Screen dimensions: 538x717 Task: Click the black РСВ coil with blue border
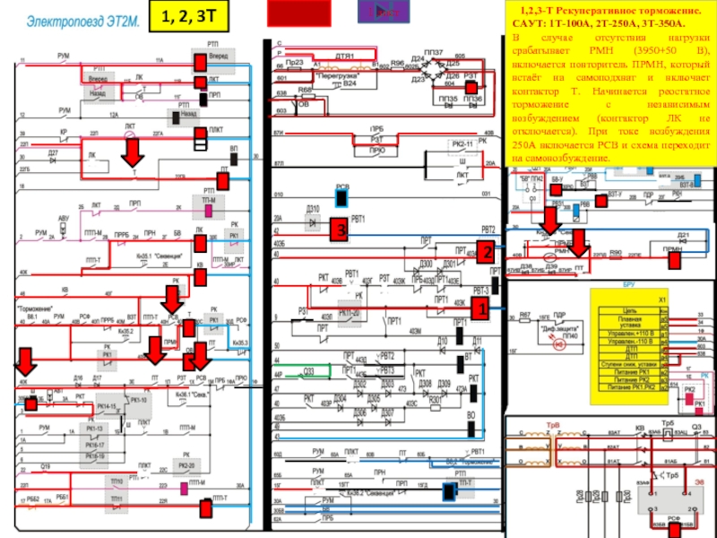(341, 199)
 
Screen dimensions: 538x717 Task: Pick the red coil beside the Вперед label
(198, 61)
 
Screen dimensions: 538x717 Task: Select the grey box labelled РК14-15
(109, 408)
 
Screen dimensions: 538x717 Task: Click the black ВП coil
(234, 156)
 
